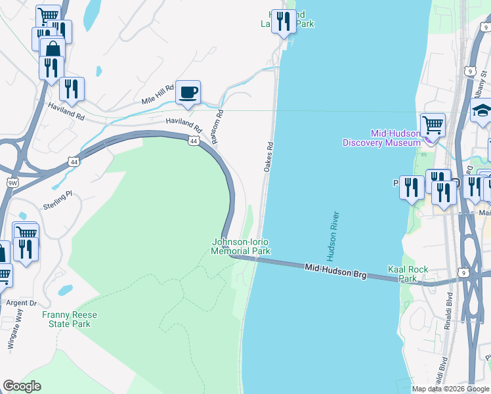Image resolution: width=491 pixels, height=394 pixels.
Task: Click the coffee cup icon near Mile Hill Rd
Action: pyautogui.click(x=188, y=92)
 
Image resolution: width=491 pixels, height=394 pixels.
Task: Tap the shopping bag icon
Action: pyautogui.click(x=53, y=49)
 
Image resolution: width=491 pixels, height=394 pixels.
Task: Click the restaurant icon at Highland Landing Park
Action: pyautogui.click(x=283, y=20)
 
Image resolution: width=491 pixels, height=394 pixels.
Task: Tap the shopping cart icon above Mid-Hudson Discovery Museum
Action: pyautogui.click(x=433, y=123)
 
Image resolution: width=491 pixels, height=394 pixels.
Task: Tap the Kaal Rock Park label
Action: pyautogui.click(x=408, y=274)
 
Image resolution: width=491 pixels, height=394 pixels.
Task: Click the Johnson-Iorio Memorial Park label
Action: pyautogui.click(x=241, y=246)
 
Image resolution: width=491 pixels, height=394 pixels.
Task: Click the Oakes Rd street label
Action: pyautogui.click(x=268, y=157)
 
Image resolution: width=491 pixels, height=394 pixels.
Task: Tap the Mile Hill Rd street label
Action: pyautogui.click(x=158, y=96)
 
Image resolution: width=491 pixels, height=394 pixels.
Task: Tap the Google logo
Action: pyautogui.click(x=22, y=386)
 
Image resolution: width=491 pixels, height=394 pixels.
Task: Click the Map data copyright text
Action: pyautogui.click(x=450, y=389)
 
